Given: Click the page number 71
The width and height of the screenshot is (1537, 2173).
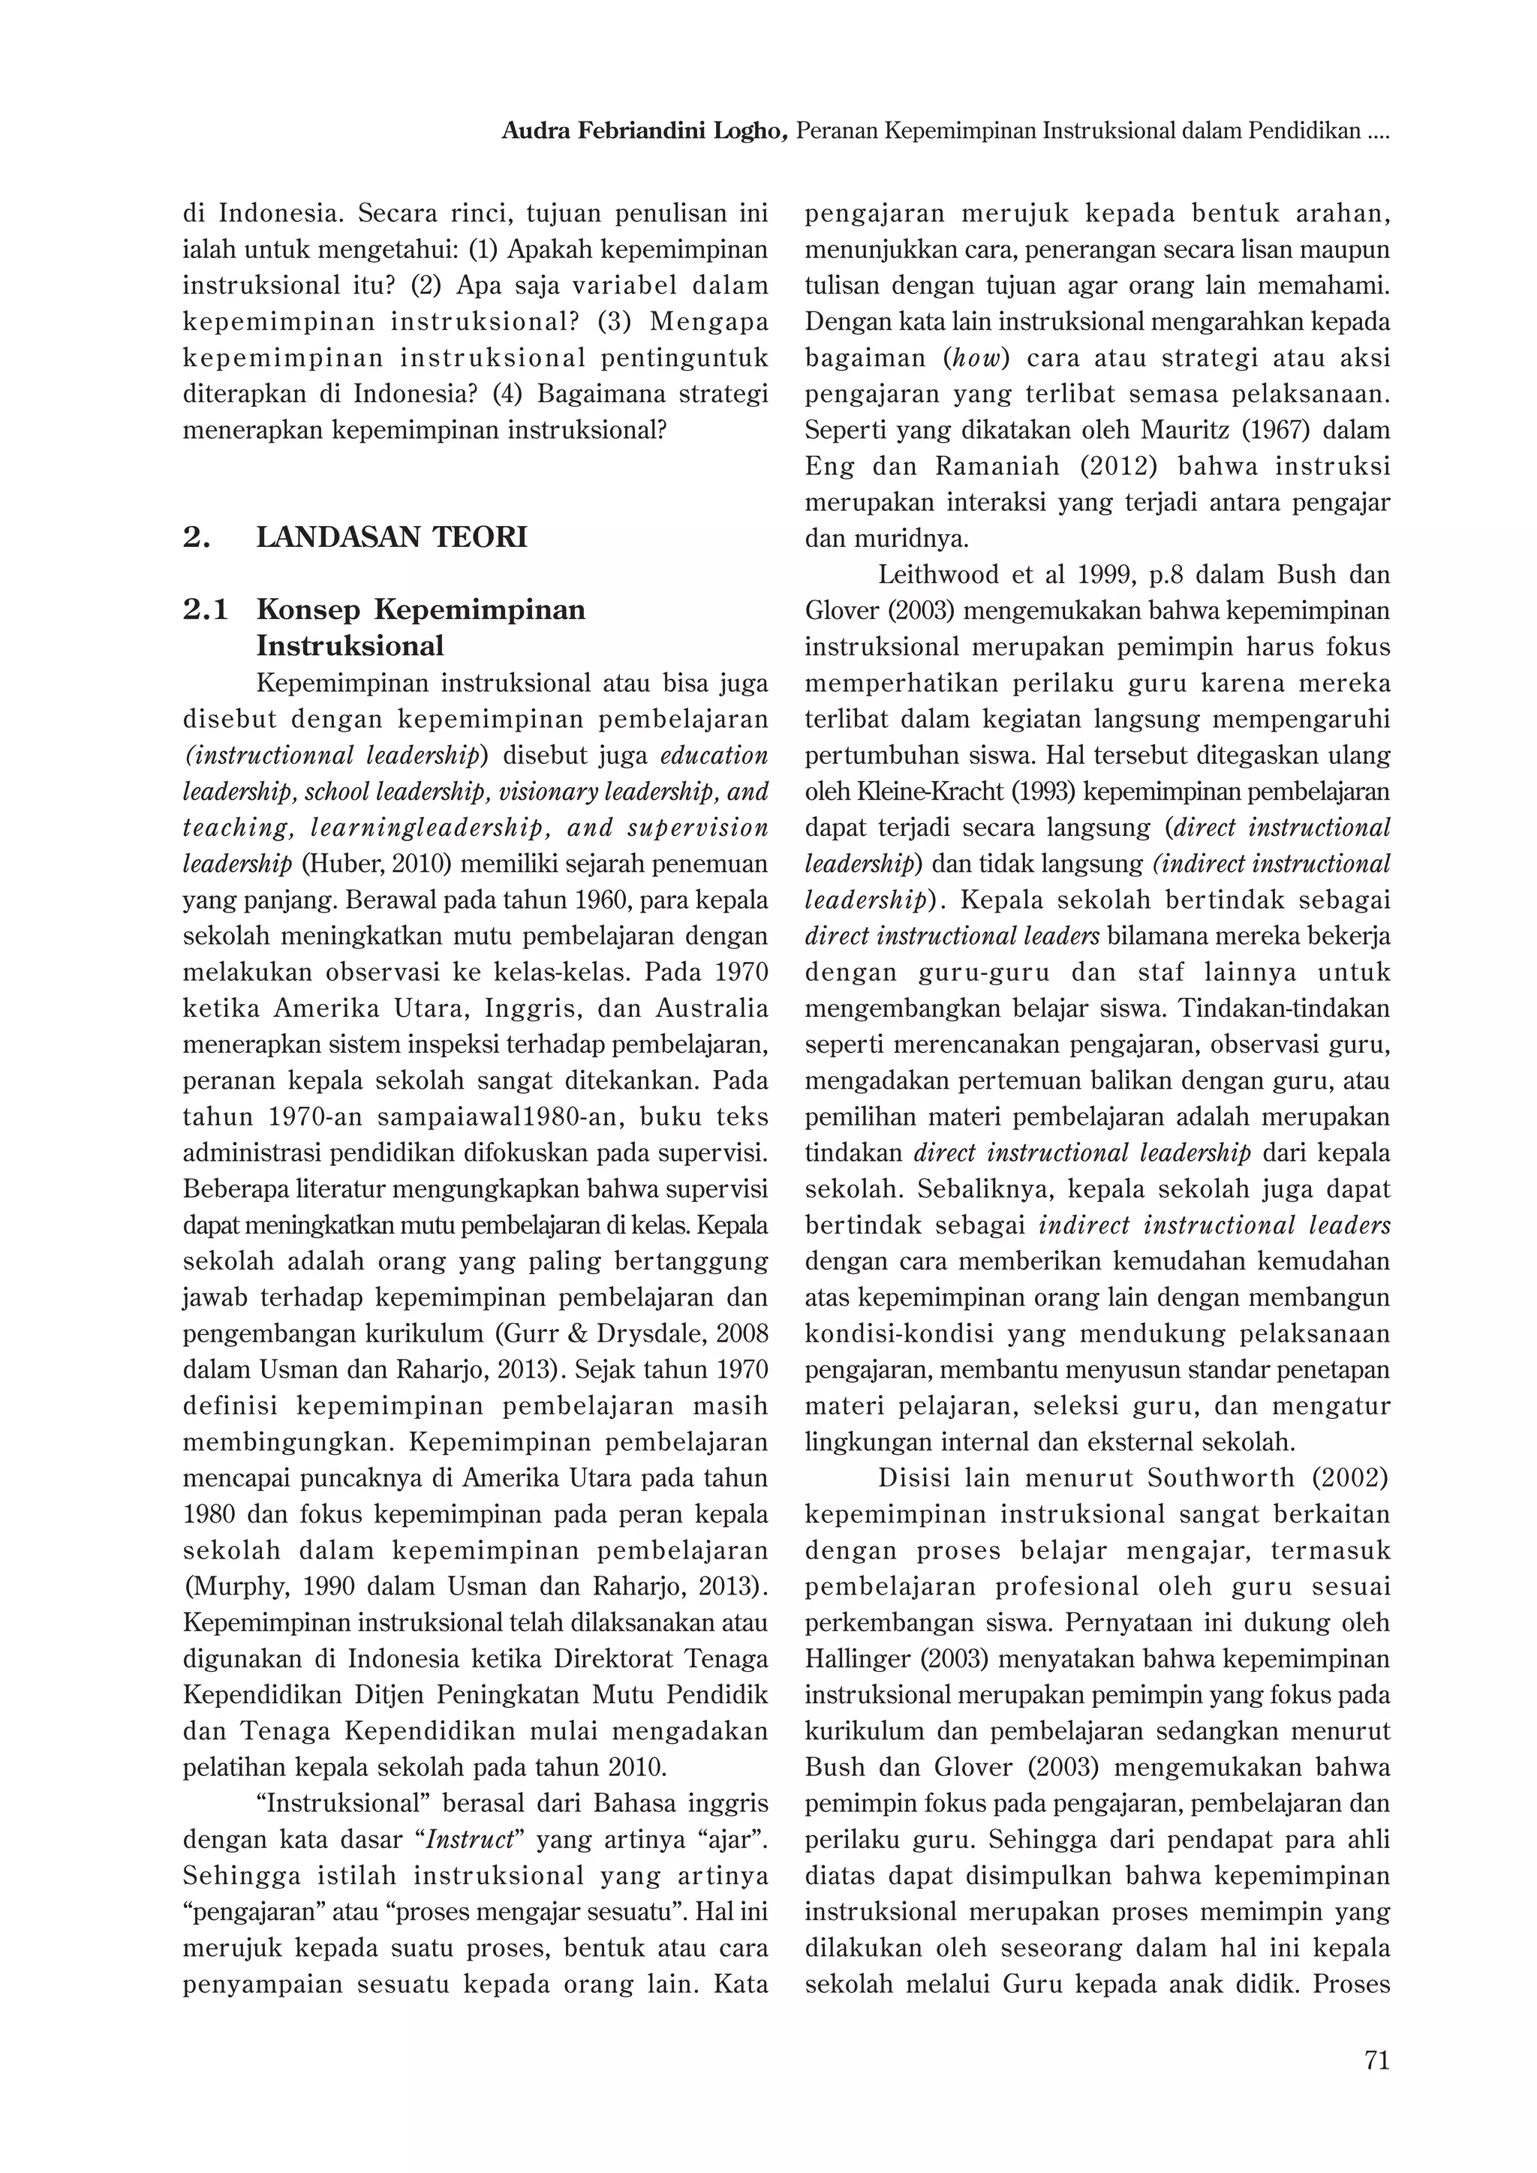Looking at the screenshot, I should click(x=1376, y=2060).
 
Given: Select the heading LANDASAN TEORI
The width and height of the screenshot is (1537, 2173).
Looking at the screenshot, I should click(x=391, y=537).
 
